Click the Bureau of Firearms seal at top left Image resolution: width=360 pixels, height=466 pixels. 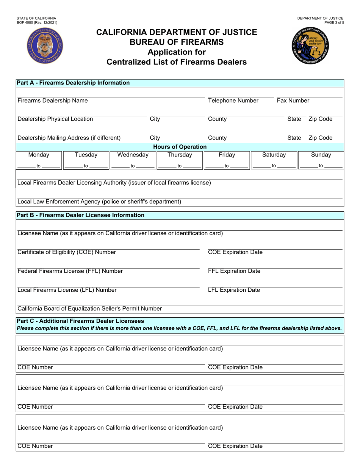pyautogui.click(x=45, y=47)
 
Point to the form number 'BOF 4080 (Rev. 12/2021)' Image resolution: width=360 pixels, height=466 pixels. pyautogui.click(x=37, y=23)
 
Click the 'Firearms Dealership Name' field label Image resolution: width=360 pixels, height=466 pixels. pyautogui.click(x=53, y=101)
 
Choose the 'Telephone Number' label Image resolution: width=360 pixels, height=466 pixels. pyautogui.click(x=233, y=101)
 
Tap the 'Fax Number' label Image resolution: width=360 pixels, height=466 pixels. pyautogui.click(x=293, y=101)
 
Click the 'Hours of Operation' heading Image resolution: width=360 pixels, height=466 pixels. pyautogui.click(x=180, y=147)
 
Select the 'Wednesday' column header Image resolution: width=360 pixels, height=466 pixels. pyautogui.click(x=133, y=155)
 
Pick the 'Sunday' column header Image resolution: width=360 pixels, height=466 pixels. pyautogui.click(x=321, y=155)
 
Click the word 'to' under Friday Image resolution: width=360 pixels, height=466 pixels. pyautogui.click(x=227, y=166)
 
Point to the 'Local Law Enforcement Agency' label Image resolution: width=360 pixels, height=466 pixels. pyautogui.click(x=99, y=202)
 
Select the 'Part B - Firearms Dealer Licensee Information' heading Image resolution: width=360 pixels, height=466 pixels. pyautogui.click(x=80, y=215)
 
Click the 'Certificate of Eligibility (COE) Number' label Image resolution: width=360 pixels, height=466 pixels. pyautogui.click(x=67, y=252)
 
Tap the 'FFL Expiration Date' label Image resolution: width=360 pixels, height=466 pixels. pyautogui.click(x=234, y=271)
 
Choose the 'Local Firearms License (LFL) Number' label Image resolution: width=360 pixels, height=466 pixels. pyautogui.click(x=67, y=290)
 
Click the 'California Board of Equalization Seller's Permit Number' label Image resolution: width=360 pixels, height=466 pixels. pyautogui.click(x=89, y=309)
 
